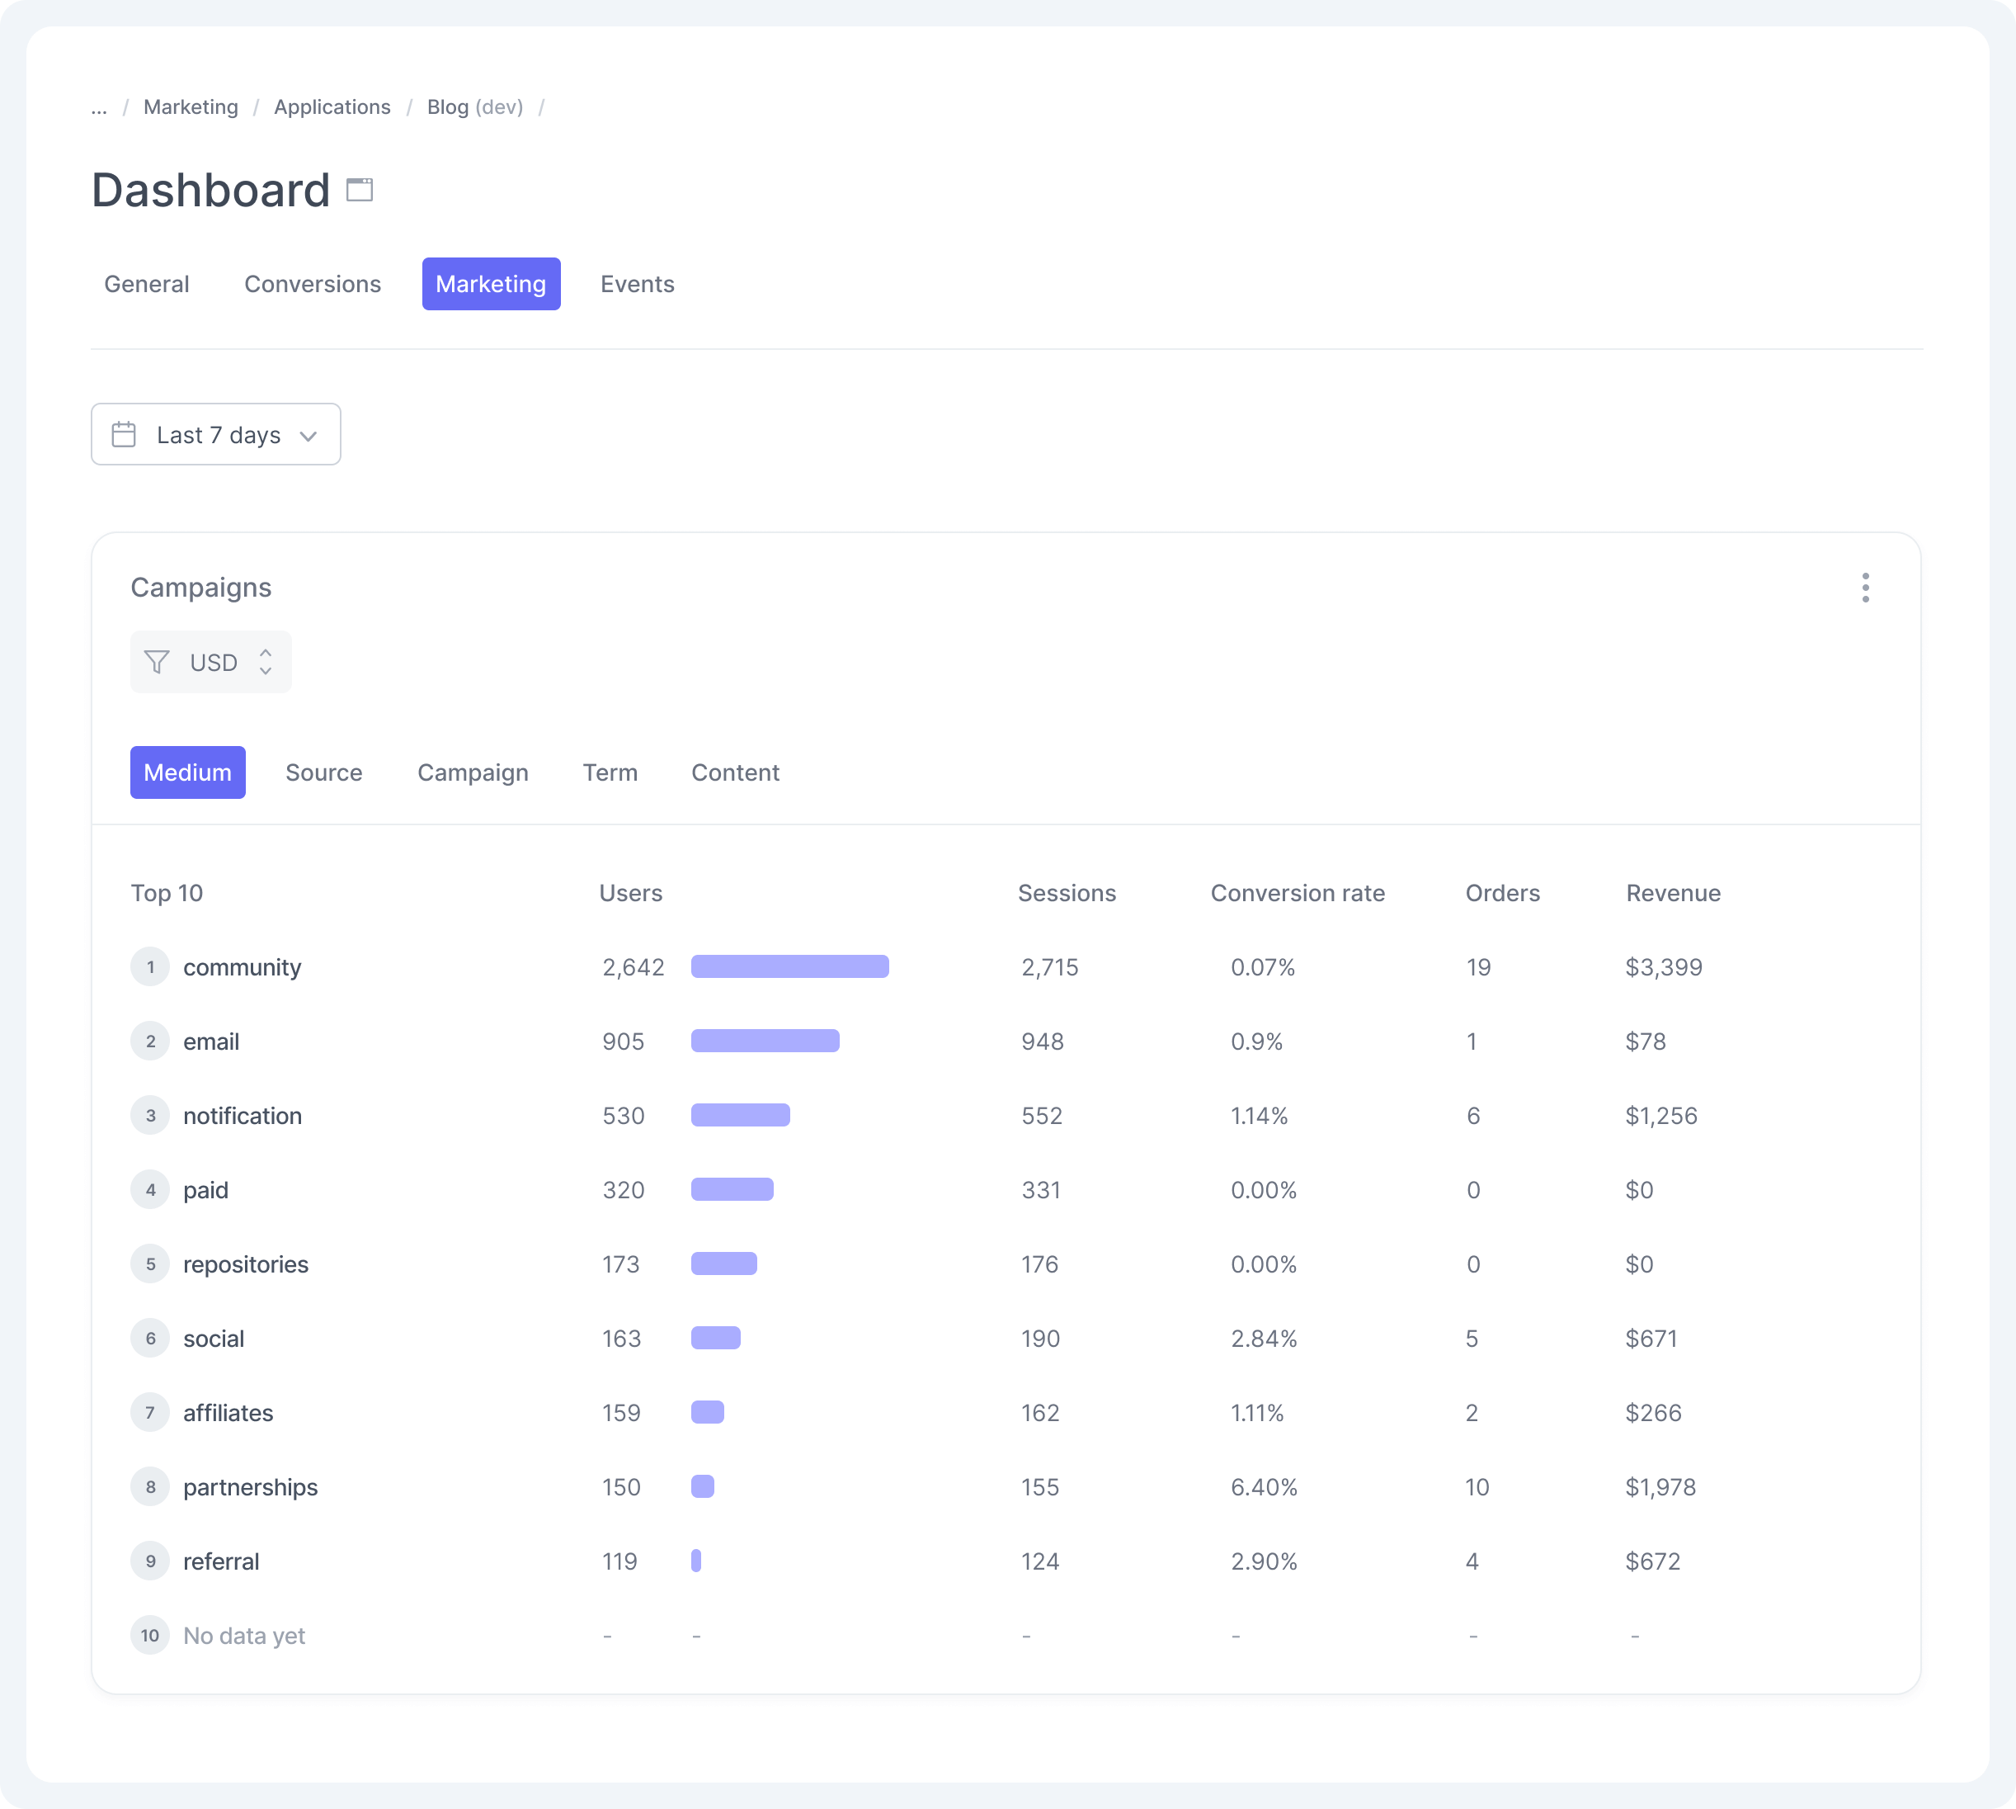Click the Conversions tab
[312, 284]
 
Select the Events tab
[637, 284]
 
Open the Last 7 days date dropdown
[215, 434]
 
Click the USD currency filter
[210, 662]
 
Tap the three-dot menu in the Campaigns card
[1865, 588]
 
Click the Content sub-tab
[734, 772]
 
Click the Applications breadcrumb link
[332, 107]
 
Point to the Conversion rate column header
[1297, 893]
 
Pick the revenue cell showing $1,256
[1660, 1115]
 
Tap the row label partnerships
[251, 1487]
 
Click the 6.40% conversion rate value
[1263, 1487]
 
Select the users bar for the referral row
[696, 1561]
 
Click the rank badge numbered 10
[150, 1635]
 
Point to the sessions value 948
[1043, 1041]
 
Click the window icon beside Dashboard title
[360, 190]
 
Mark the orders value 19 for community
[1477, 967]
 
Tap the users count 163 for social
[621, 1338]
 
